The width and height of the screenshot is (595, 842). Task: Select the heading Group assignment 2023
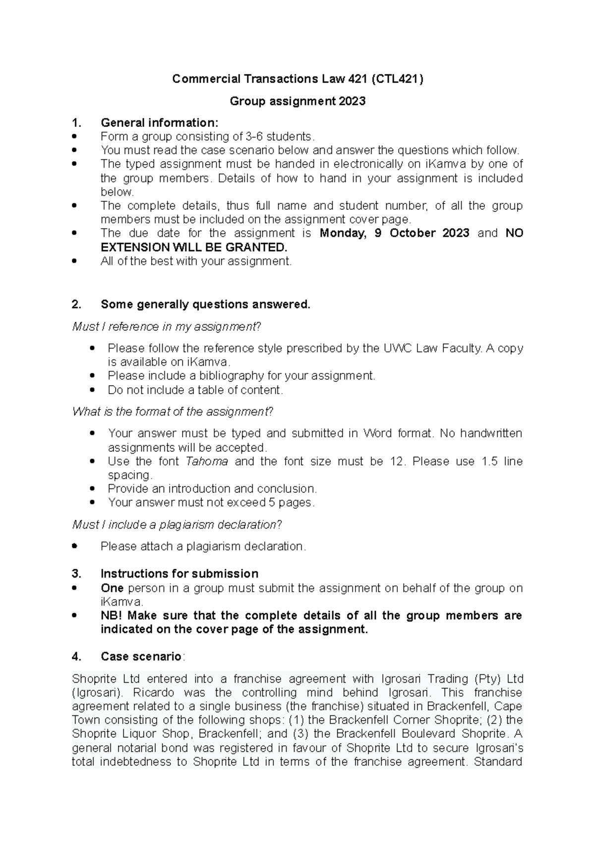(x=297, y=101)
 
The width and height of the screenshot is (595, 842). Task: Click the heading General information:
(x=159, y=122)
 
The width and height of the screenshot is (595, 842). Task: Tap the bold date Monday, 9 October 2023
(x=394, y=233)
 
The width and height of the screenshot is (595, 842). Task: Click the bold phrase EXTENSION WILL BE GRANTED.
(x=194, y=247)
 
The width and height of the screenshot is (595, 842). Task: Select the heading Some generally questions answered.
(x=205, y=304)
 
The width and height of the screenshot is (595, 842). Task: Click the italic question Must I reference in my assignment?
(x=166, y=327)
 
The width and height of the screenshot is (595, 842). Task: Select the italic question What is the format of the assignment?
(x=173, y=412)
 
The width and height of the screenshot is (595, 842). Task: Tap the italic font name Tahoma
(x=207, y=461)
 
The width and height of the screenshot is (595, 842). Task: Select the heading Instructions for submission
(x=179, y=574)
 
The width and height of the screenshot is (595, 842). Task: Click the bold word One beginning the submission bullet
(x=112, y=588)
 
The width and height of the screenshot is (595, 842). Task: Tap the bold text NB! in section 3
(x=114, y=615)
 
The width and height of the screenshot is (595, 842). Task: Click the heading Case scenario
(x=141, y=657)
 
